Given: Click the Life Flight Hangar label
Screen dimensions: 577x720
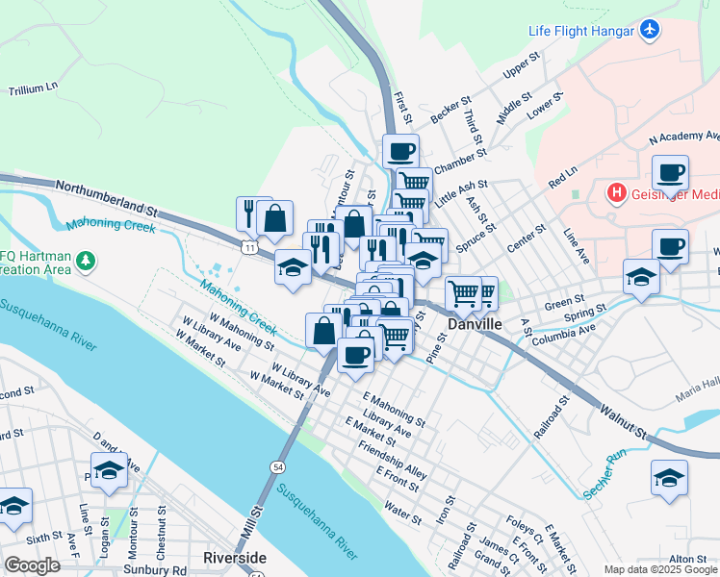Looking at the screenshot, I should coord(580,31).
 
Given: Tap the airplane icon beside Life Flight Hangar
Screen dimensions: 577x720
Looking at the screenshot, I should coord(651,30).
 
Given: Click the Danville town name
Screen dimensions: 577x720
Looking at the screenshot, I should coord(475,325).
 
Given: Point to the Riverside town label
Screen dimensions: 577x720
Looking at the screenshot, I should coord(235,558).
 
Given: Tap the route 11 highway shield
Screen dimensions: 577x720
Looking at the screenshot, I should coord(250,248).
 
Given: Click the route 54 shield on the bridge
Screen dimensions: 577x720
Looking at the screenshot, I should coord(277,466).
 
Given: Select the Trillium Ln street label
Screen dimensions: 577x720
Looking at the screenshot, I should coord(34,89).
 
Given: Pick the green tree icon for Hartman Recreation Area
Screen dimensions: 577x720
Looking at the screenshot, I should coord(86,261).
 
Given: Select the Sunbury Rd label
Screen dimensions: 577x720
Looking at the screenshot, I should coord(154,569).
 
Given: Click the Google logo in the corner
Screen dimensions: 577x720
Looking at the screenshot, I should coord(32,565).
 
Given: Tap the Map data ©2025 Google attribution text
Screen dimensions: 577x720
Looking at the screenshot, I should coord(660,569).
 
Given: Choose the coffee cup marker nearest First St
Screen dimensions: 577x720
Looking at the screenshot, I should coord(400,151).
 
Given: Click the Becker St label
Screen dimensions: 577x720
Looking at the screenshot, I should coord(450,109).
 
